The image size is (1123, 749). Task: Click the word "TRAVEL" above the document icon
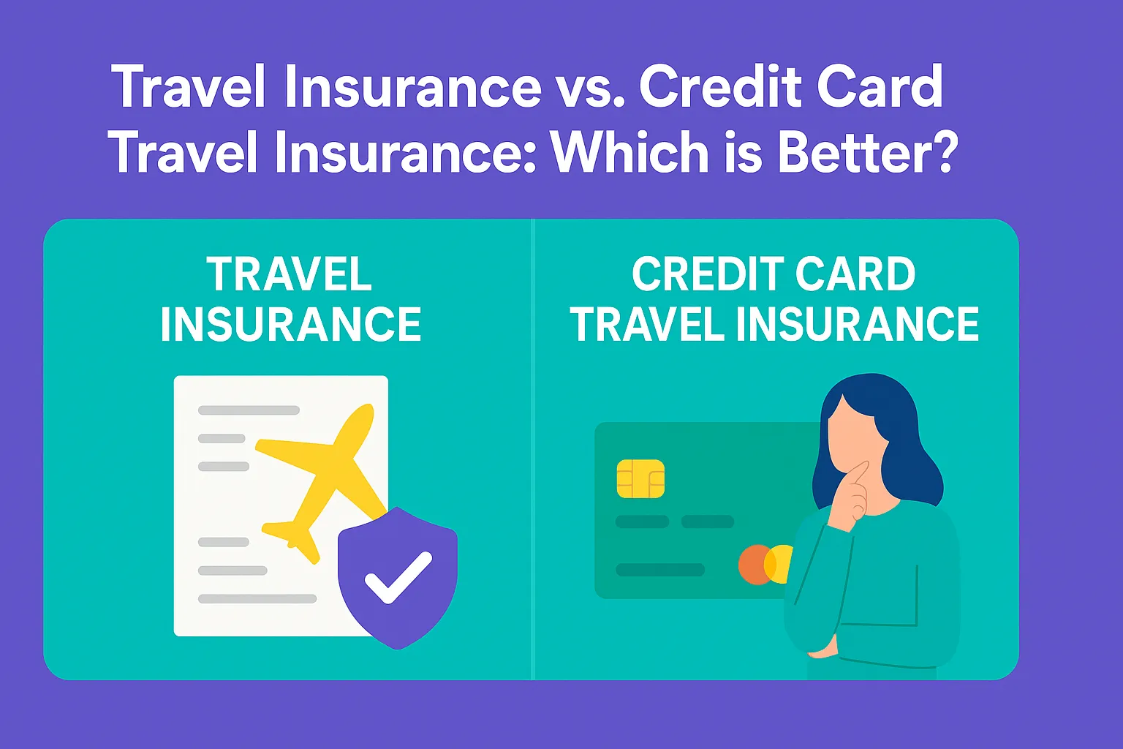click(290, 275)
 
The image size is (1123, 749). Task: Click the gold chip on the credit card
click(640, 479)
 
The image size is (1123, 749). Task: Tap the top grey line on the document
click(249, 410)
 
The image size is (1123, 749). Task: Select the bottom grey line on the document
click(257, 598)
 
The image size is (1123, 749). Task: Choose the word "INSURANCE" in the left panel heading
click(291, 325)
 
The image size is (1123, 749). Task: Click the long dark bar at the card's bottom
click(660, 570)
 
